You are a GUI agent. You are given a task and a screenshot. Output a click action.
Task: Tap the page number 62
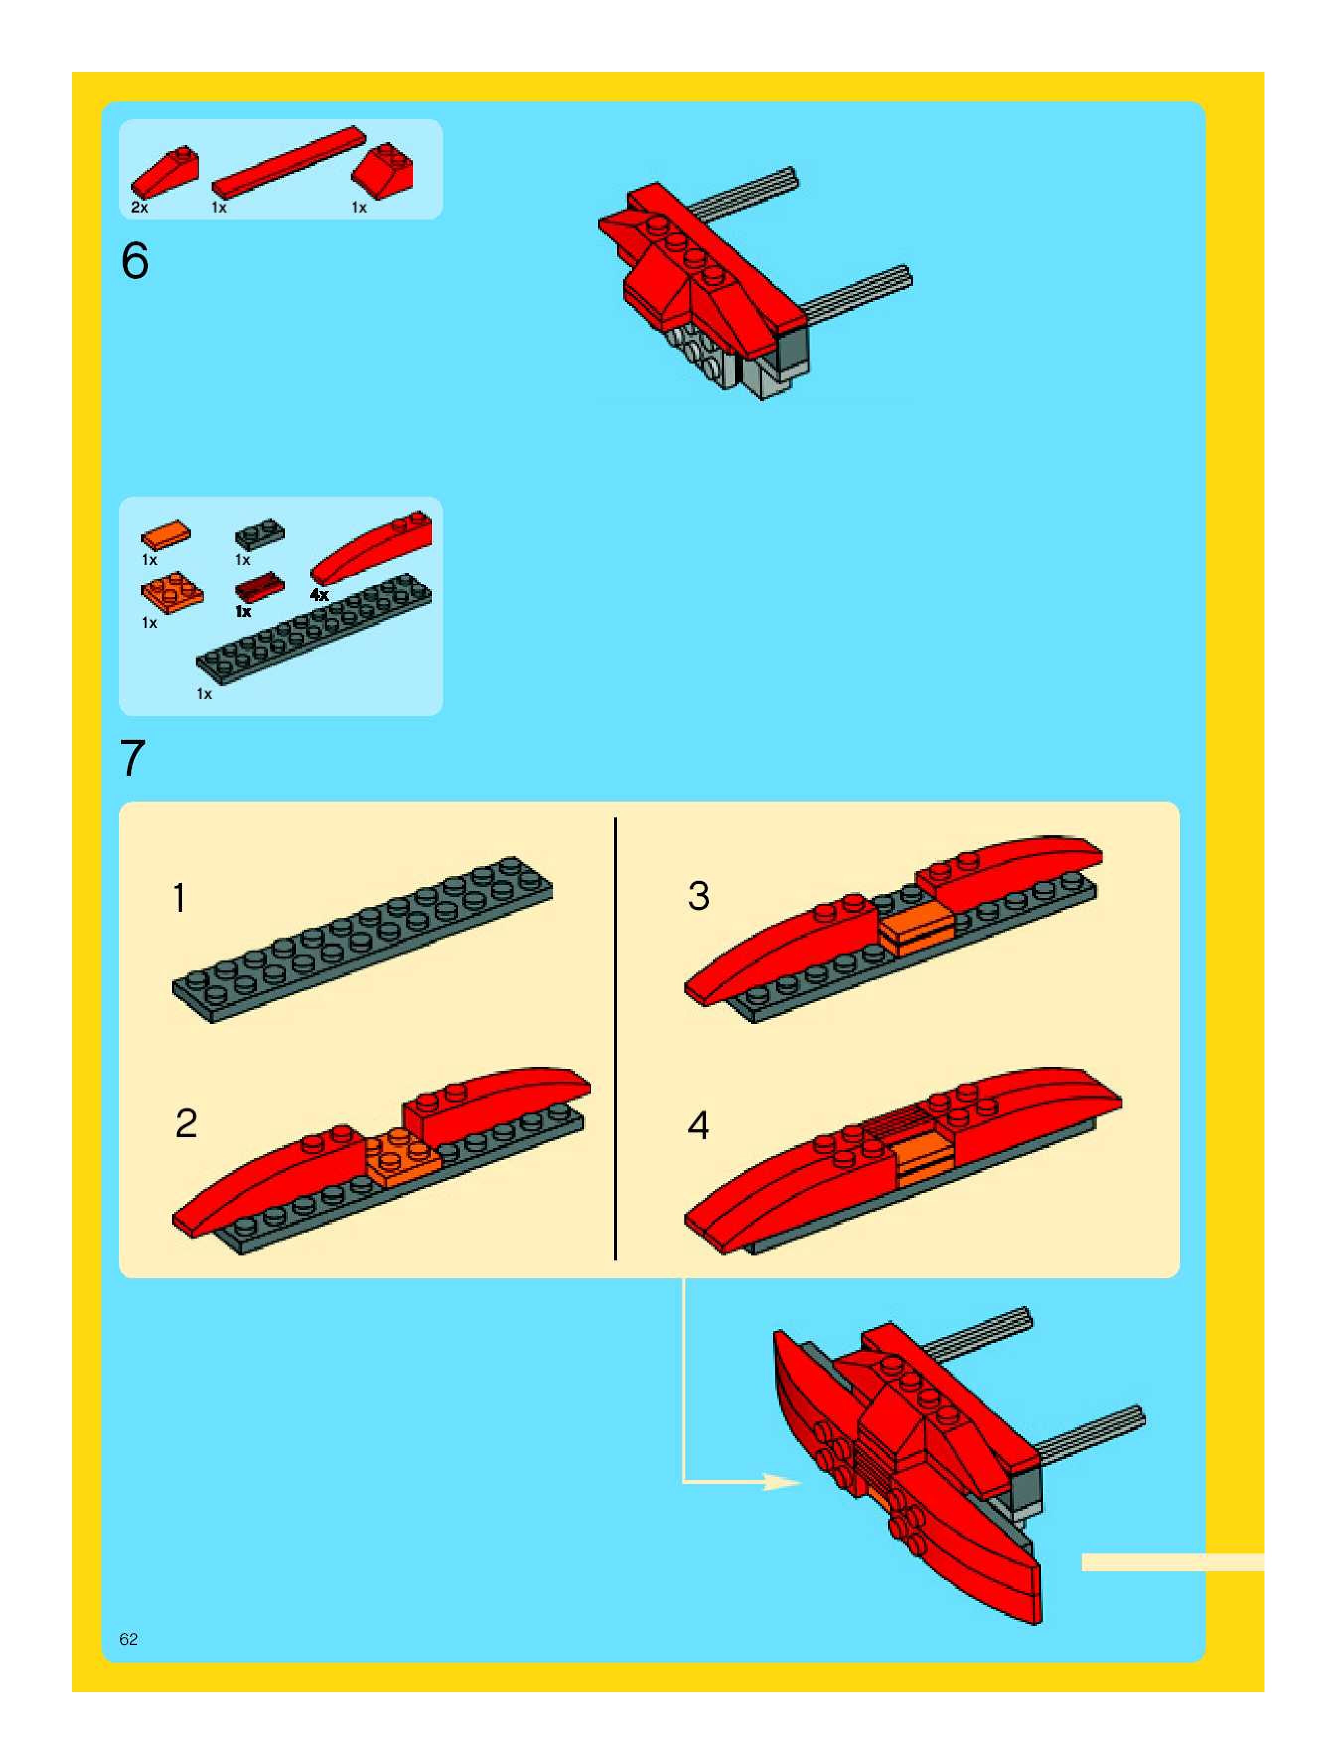pos(129,1639)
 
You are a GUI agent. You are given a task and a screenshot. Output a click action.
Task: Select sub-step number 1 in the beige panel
pos(179,897)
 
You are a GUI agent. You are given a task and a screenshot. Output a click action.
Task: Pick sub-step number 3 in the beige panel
pos(699,895)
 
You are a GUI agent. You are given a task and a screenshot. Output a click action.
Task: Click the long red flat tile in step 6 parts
pos(288,163)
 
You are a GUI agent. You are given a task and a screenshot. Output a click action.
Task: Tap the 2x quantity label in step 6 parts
pos(140,208)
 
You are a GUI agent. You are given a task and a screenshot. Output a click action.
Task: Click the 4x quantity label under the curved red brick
pos(319,595)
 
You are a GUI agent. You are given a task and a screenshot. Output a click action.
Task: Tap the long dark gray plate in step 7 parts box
pos(314,629)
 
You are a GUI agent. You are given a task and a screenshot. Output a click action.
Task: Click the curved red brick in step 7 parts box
pos(371,547)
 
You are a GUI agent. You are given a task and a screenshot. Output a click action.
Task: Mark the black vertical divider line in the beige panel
pos(615,1038)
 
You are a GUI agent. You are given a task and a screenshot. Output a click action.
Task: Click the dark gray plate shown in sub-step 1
pos(362,940)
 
